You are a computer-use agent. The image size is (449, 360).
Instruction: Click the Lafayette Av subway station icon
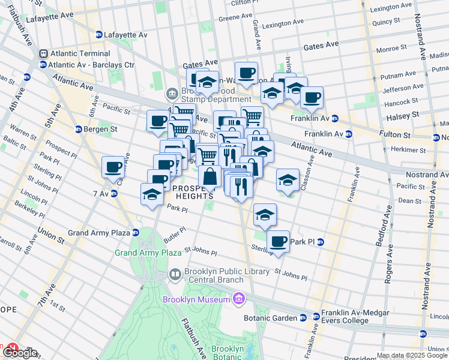pyautogui.click(x=99, y=35)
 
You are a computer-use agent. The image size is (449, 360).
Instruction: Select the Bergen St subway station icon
pyautogui.click(x=78, y=129)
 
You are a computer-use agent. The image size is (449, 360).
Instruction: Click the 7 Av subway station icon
pyautogui.click(x=113, y=193)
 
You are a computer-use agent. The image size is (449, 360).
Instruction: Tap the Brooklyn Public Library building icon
pyautogui.click(x=175, y=274)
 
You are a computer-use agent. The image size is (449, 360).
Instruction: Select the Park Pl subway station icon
pyautogui.click(x=321, y=242)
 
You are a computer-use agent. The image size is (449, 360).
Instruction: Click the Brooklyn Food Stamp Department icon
pyautogui.click(x=172, y=94)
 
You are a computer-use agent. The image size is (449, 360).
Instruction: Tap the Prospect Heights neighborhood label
pyautogui.click(x=193, y=192)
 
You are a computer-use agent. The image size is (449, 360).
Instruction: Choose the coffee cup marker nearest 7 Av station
pyautogui.click(x=113, y=167)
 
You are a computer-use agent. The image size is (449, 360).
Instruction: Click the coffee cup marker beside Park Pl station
pyautogui.click(x=278, y=241)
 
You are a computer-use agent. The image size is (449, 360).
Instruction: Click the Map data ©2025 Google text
pyautogui.click(x=412, y=355)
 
